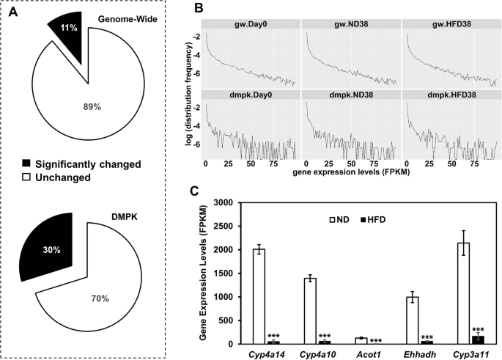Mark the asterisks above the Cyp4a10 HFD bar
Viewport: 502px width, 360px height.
coord(324,336)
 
